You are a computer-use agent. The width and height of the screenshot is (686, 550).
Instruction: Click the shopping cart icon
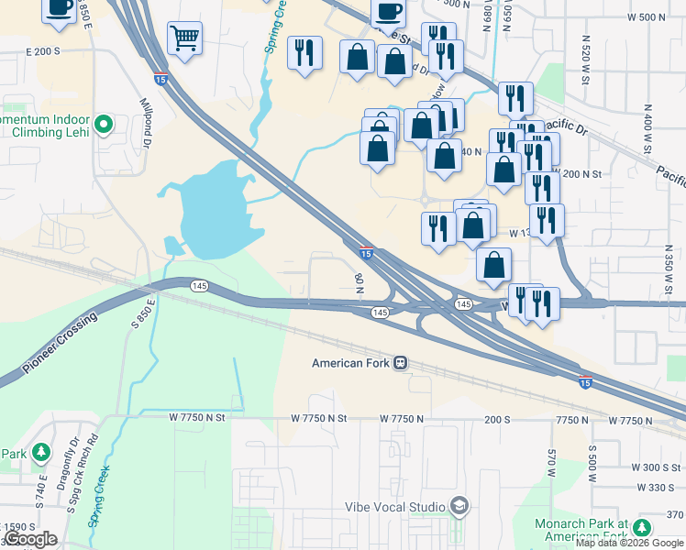pyautogui.click(x=184, y=38)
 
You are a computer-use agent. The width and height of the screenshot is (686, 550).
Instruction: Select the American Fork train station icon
pyautogui.click(x=401, y=363)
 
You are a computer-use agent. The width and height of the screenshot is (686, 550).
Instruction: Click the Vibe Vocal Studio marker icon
pyautogui.click(x=458, y=506)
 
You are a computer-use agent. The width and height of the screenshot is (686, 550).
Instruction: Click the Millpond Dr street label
pyautogui.click(x=145, y=123)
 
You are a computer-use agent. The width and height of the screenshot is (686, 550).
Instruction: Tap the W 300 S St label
pyautogui.click(x=655, y=467)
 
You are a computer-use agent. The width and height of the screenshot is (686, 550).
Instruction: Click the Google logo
pyautogui.click(x=31, y=539)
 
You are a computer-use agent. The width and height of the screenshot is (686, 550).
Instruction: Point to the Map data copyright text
pyautogui.click(x=629, y=543)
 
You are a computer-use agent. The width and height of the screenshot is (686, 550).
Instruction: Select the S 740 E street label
pyautogui.click(x=42, y=485)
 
